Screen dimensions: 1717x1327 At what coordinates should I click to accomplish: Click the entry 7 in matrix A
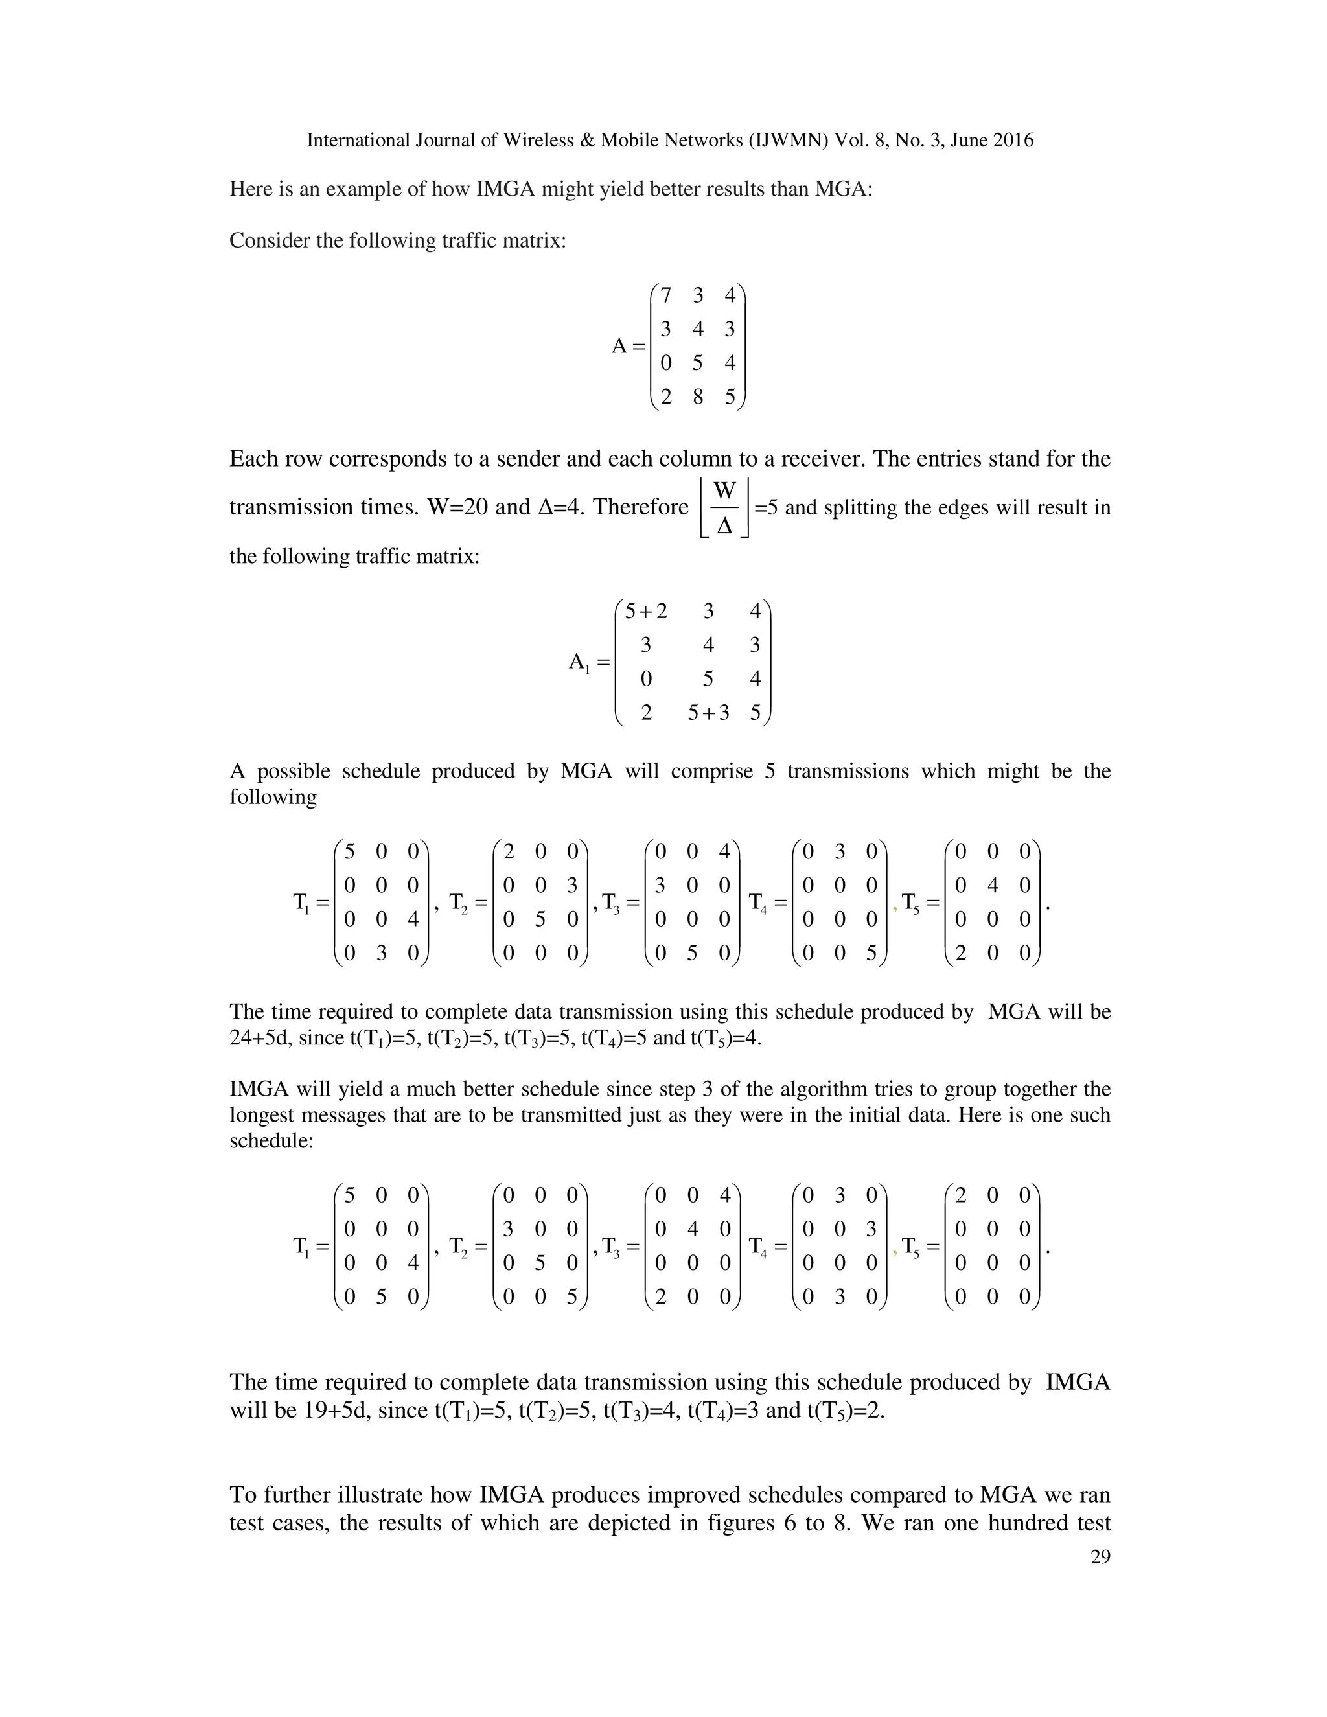pos(666,295)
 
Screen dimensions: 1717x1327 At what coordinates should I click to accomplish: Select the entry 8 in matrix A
pos(697,397)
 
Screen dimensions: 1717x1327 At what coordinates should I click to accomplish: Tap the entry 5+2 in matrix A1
pos(645,611)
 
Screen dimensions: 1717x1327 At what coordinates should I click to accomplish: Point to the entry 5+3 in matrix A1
pos(708,713)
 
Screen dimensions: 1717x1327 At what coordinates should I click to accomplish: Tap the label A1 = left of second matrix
pos(589,663)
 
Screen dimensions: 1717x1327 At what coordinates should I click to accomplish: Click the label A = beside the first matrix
pos(628,347)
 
